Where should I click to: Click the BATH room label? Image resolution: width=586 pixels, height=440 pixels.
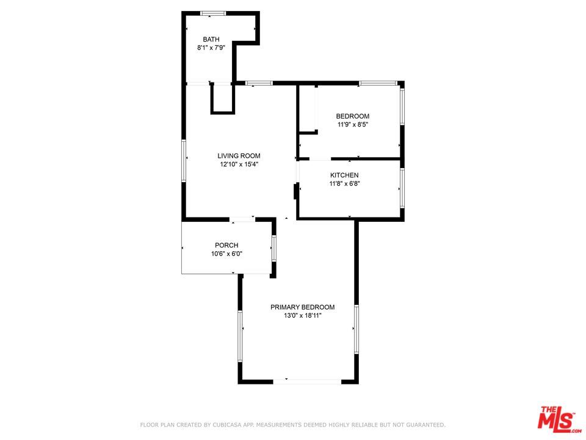pos(211,39)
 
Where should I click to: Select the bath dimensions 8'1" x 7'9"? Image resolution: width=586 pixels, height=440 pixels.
pos(211,48)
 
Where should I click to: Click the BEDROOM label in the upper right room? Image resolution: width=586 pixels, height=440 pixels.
pos(353,116)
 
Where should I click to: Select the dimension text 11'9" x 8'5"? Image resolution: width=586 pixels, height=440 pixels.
pos(353,125)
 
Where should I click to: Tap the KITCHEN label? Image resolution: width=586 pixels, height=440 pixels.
pos(344,175)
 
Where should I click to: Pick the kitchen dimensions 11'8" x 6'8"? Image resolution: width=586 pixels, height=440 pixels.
pos(344,184)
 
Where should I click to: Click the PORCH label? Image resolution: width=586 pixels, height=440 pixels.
pos(226,246)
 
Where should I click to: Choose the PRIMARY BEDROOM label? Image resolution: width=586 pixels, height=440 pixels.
pos(303,307)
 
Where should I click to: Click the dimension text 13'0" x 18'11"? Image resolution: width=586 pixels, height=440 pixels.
pos(303,316)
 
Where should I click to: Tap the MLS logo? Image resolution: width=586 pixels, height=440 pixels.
pos(556,419)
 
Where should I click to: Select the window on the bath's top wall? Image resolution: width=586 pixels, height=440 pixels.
pos(213,13)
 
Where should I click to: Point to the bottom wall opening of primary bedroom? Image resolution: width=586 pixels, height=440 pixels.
pos(307,381)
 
